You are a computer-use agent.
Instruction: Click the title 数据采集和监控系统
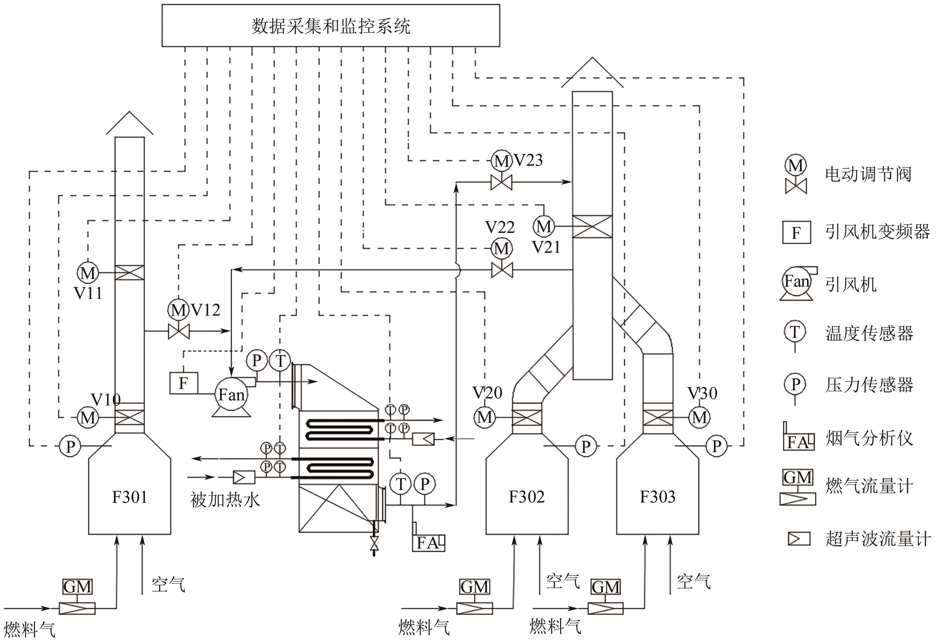click(x=331, y=26)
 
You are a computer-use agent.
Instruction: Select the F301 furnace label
click(x=129, y=497)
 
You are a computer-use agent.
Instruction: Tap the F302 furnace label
click(x=527, y=497)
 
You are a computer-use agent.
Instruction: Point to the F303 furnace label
click(x=658, y=497)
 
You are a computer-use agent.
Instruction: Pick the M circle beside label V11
click(x=87, y=273)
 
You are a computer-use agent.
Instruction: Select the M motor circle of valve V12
click(x=178, y=310)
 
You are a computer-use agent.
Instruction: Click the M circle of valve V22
click(x=502, y=248)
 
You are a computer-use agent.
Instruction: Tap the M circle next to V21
click(x=544, y=226)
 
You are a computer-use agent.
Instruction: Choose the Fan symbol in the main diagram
click(x=231, y=395)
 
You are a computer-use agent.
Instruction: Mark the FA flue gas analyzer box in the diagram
click(x=428, y=543)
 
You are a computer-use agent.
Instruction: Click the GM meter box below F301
click(x=77, y=587)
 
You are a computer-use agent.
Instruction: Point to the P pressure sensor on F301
click(x=70, y=446)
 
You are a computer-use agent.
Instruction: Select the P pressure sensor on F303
click(x=716, y=446)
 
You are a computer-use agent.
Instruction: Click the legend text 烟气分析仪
click(x=869, y=438)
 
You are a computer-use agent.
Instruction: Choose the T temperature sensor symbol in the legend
click(x=795, y=332)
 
